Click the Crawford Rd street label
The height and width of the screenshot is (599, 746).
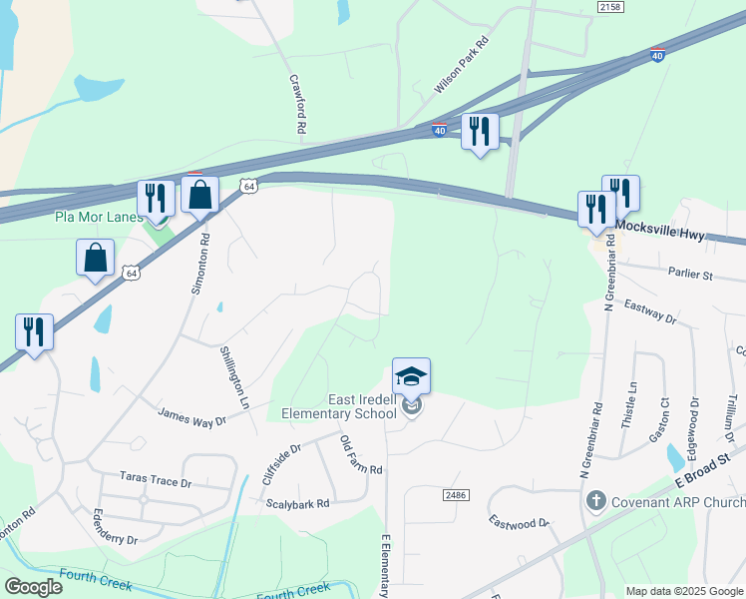tap(297, 104)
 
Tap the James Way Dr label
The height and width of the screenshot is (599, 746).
tap(192, 417)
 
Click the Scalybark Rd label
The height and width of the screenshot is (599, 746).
tap(297, 504)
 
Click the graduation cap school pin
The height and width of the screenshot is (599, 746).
tap(411, 377)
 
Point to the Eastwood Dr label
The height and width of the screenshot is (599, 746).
tap(519, 521)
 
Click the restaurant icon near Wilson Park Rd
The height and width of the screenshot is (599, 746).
tap(480, 131)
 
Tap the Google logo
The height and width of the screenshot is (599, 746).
tap(33, 587)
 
